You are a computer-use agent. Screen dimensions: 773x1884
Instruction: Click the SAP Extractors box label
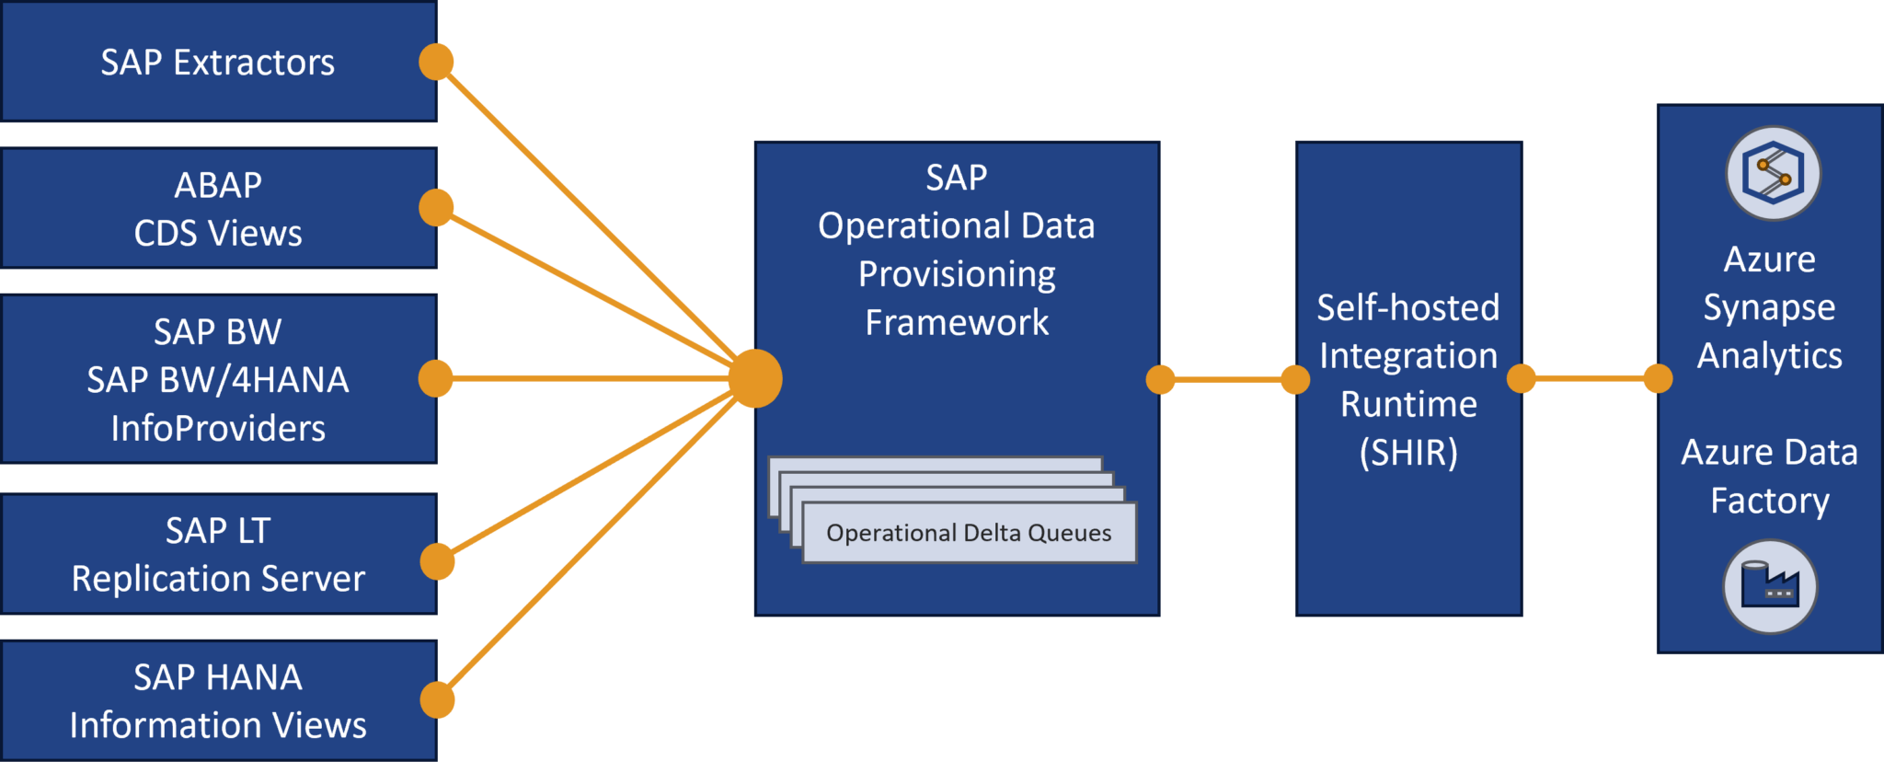point(217,63)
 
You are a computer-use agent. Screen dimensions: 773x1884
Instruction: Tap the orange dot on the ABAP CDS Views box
point(436,207)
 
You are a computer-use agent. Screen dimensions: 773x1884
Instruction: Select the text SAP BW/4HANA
point(217,379)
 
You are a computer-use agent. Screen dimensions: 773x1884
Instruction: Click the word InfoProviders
point(217,428)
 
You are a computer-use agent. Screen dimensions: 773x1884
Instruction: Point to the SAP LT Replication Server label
point(217,554)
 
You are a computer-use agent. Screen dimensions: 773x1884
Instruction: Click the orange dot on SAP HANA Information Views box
point(438,700)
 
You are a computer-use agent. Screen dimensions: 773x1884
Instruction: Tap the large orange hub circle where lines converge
point(754,378)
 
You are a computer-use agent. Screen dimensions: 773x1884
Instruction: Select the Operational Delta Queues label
point(969,533)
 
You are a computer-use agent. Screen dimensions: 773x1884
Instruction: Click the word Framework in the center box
point(957,322)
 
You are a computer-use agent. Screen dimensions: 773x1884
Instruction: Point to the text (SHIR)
point(1408,452)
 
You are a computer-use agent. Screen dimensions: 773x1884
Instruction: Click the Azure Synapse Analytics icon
point(1773,173)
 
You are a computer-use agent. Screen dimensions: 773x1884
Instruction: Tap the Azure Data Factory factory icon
point(1770,587)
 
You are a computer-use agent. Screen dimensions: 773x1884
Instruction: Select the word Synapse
point(1769,307)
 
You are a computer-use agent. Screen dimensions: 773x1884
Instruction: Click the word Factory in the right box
point(1769,501)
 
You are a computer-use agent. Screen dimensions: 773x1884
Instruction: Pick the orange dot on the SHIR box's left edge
point(1294,378)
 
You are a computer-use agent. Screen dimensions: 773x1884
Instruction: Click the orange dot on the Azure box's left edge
point(1657,378)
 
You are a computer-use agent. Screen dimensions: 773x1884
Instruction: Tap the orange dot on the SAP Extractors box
point(436,62)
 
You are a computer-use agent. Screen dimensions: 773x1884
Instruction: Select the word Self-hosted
point(1407,307)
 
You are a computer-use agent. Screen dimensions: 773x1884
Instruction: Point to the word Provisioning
point(957,274)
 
